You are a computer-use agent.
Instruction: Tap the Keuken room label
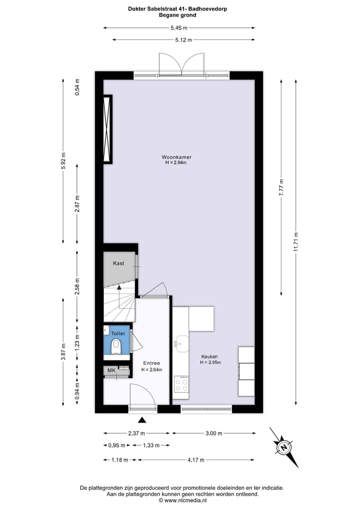(x=210, y=356)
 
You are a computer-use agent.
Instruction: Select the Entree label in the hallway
(x=151, y=363)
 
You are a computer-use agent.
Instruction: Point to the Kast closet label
(x=118, y=263)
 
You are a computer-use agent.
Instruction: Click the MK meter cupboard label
(x=111, y=370)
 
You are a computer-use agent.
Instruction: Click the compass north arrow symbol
(x=284, y=447)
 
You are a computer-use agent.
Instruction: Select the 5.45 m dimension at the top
(x=179, y=28)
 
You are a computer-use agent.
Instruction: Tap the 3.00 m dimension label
(x=213, y=433)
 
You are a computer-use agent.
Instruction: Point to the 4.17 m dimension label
(x=195, y=459)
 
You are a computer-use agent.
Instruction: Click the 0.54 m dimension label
(x=77, y=87)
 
